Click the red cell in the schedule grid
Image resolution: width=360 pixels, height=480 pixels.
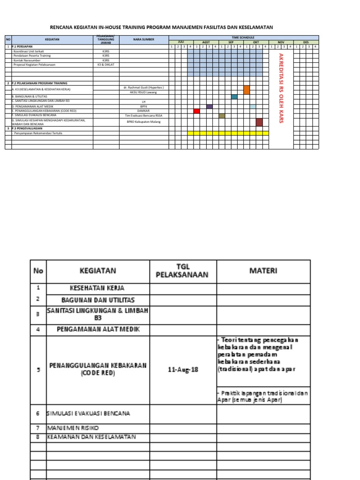pos(196,111)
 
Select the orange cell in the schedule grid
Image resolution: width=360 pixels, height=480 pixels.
pos(247,90)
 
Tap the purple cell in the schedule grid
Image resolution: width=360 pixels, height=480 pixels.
pos(209,106)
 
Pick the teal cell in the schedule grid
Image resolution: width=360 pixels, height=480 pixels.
pos(234,97)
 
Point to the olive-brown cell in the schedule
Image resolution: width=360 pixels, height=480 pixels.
pos(222,116)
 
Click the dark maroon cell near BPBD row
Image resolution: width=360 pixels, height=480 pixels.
pos(259,122)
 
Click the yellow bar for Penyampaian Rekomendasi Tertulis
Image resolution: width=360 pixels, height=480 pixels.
pos(228,133)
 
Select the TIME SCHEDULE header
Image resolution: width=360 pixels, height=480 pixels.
pos(244,37)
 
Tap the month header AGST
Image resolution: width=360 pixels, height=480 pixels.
pos(206,42)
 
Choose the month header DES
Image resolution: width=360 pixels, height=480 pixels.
pos(306,42)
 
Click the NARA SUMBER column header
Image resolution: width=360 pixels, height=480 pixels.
pos(143,40)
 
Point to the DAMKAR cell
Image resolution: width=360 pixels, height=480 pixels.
pos(143,111)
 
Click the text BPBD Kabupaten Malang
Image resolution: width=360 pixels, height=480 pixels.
pos(143,122)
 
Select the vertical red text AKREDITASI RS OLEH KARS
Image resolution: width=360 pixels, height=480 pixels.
pos(281,88)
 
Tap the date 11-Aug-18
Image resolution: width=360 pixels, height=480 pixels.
pos(183,369)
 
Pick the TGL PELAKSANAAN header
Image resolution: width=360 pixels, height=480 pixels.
pos(183,271)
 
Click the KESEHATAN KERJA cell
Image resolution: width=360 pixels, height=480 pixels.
pos(97,288)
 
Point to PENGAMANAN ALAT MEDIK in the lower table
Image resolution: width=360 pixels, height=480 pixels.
pos(97,329)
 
